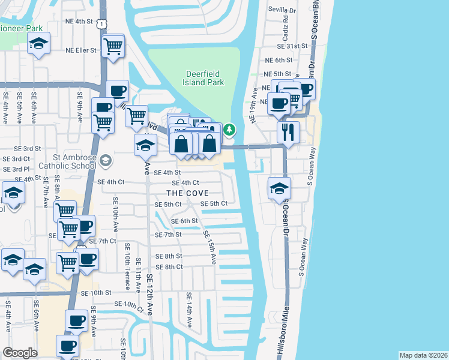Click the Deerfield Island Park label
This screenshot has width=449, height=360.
pyautogui.click(x=205, y=77)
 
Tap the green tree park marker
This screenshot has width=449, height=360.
pyautogui.click(x=229, y=129)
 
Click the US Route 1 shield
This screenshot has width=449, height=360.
pyautogui.click(x=103, y=23)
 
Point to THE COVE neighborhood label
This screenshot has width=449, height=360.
pyautogui.click(x=187, y=193)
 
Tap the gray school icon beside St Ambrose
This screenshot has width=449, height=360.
pyautogui.click(x=106, y=160)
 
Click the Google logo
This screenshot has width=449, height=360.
pyautogui.click(x=20, y=353)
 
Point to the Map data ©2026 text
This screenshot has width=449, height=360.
pyautogui.click(x=423, y=355)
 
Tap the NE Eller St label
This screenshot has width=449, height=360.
pyautogui.click(x=80, y=50)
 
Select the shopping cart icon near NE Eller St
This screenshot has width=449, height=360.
pyautogui.click(x=113, y=45)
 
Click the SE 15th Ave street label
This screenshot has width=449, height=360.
pyautogui.click(x=209, y=247)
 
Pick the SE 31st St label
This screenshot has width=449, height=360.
pyautogui.click(x=292, y=46)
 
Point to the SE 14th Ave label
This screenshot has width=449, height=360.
pyautogui.click(x=188, y=310)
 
